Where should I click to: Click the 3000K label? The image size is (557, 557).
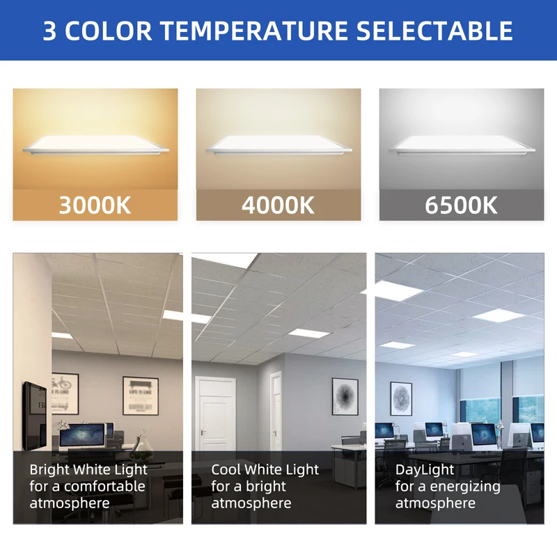pyautogui.click(x=95, y=205)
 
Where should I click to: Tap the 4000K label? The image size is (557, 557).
pyautogui.click(x=278, y=205)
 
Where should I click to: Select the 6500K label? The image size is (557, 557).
pyautogui.click(x=462, y=205)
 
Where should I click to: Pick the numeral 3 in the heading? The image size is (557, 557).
pyautogui.click(x=49, y=31)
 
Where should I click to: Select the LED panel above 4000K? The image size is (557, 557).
pyautogui.click(x=278, y=144)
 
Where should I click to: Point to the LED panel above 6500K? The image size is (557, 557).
pyautogui.click(x=462, y=144)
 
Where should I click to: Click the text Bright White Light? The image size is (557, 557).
pyautogui.click(x=88, y=470)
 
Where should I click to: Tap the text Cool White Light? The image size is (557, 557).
pyautogui.click(x=265, y=470)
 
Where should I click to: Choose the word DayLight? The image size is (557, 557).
pyautogui.click(x=425, y=470)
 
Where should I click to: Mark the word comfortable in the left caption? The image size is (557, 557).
pyautogui.click(x=104, y=487)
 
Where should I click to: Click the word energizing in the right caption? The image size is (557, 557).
pyautogui.click(x=466, y=487)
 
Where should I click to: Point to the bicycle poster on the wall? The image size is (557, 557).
pyautogui.click(x=65, y=394)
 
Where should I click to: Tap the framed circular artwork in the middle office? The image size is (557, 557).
pyautogui.click(x=345, y=397)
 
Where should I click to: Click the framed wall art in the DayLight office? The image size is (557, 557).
pyautogui.click(x=401, y=398)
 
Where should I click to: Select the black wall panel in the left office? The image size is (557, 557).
pyautogui.click(x=33, y=416)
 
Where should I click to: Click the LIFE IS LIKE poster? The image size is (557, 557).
pyautogui.click(x=140, y=395)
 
